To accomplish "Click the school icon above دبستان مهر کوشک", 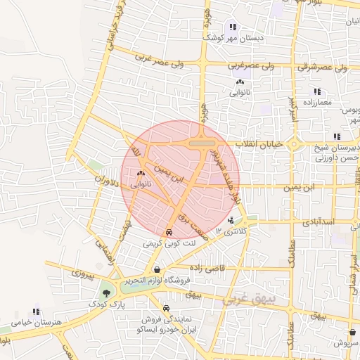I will [232, 27].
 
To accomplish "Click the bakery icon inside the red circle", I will [141, 172].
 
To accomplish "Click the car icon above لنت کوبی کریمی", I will [169, 232].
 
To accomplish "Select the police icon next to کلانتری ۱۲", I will [232, 221].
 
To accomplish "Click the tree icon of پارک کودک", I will [106, 292].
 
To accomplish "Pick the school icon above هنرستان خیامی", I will [35, 311].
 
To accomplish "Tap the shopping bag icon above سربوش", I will [352, 332].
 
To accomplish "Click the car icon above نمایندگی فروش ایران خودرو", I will [166, 308].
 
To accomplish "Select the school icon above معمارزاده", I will [317, 91].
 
